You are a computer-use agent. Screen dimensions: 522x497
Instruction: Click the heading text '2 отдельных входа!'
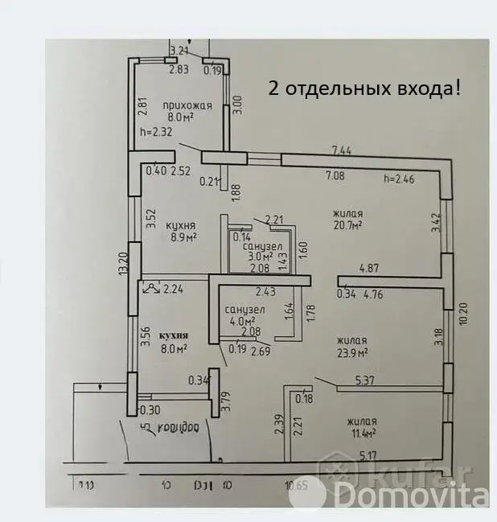365,88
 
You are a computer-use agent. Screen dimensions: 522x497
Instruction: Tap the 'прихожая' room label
186,105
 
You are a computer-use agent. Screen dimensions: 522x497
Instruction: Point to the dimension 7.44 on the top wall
342,150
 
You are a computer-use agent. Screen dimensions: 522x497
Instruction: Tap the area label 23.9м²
352,352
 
